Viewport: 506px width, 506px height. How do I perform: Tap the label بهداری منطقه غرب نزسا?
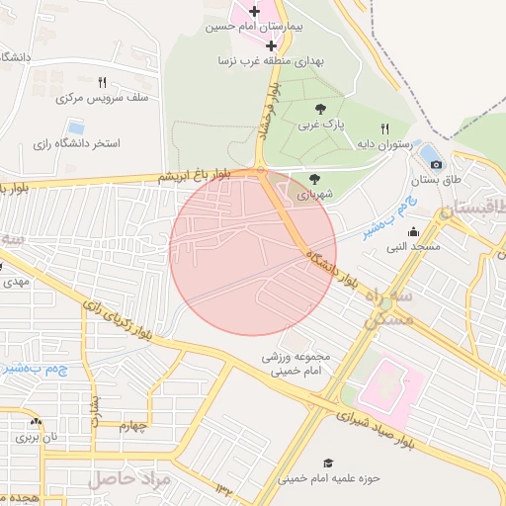[x=278, y=61]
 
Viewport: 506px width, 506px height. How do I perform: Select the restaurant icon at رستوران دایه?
[x=385, y=128]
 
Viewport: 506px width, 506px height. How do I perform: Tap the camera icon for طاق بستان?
[x=436, y=163]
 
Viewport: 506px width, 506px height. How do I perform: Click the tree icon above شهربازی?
[x=314, y=180]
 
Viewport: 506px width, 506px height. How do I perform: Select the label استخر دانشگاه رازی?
[x=76, y=143]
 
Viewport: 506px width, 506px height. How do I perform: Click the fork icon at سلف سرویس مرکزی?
[x=103, y=82]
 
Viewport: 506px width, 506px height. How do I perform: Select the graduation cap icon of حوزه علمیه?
[x=328, y=463]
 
